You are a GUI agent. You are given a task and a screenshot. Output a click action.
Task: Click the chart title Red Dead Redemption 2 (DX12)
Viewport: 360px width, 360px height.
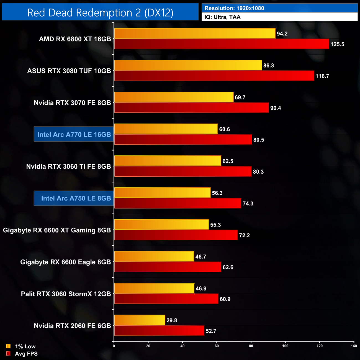pos(100,13)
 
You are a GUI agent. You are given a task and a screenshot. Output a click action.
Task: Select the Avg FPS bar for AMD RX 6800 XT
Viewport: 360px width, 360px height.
pos(222,44)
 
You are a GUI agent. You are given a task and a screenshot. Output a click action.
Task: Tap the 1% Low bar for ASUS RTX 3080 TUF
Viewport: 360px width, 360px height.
pos(188,65)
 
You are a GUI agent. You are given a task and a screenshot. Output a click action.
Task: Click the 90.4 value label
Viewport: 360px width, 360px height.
pos(276,108)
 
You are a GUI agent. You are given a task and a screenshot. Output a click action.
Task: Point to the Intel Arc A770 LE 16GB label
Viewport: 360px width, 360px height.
pos(74,135)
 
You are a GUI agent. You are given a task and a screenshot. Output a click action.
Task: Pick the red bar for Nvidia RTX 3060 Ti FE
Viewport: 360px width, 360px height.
pos(183,171)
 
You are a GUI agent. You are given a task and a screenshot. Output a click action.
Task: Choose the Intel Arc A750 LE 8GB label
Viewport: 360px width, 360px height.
pos(76,198)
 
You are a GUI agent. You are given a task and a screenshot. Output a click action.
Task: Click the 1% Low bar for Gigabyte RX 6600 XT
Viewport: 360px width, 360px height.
pos(161,225)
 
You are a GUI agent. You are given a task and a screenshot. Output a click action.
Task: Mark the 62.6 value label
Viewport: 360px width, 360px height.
pos(228,267)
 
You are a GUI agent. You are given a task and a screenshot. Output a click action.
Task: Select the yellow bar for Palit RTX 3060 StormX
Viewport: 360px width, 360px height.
pos(154,288)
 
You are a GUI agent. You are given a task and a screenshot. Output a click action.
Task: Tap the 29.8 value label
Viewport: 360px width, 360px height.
pos(172,320)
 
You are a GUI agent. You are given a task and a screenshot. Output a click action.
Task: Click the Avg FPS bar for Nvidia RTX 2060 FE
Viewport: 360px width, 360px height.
pos(159,331)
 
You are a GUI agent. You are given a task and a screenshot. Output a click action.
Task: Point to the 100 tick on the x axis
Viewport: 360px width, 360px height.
pos(285,346)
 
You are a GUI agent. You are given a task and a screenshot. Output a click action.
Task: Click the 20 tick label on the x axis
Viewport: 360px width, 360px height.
pos(148,346)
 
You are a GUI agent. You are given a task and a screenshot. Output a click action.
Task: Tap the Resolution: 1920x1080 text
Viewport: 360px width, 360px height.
pos(234,8)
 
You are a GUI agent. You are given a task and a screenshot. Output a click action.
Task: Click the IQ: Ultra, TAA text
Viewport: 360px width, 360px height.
pos(222,17)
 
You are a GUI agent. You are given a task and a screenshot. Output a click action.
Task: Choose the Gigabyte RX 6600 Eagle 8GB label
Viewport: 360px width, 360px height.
pos(66,262)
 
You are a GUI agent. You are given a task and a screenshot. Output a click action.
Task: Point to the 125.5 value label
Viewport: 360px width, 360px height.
pos(337,44)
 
